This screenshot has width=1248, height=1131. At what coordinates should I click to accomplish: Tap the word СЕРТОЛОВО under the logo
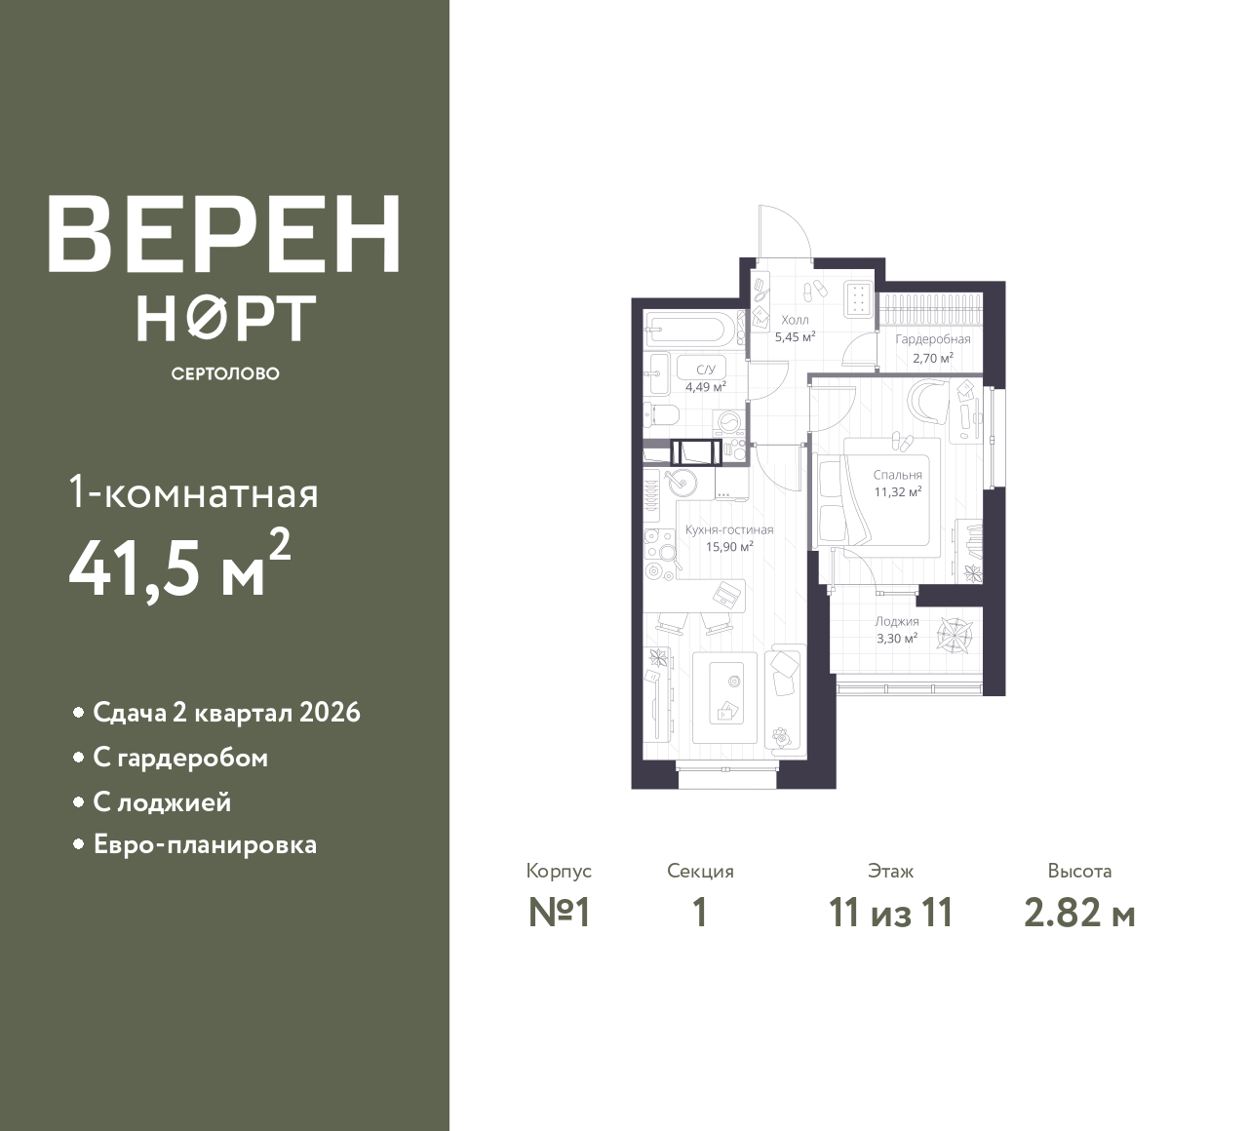click(x=225, y=373)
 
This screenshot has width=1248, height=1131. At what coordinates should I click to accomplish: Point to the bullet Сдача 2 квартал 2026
click(x=226, y=713)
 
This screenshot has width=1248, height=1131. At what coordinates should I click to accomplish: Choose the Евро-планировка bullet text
click(x=205, y=844)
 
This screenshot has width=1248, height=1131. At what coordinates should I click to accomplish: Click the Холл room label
click(x=795, y=320)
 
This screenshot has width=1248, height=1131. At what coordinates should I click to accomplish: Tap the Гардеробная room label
click(x=933, y=339)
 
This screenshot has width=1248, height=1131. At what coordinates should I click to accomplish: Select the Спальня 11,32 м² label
click(x=897, y=484)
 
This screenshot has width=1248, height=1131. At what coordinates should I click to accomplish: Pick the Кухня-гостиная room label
click(x=729, y=530)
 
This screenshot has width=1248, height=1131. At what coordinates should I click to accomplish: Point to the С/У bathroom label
click(x=705, y=370)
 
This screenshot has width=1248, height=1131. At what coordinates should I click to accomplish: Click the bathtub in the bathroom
click(x=686, y=330)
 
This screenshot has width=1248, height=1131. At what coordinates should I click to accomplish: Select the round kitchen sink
click(x=679, y=482)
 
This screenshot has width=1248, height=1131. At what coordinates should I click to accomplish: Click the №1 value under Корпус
click(x=560, y=914)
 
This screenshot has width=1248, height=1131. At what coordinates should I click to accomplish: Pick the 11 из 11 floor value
click(x=890, y=914)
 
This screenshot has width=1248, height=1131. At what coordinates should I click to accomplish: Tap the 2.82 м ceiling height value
click(x=1079, y=914)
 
